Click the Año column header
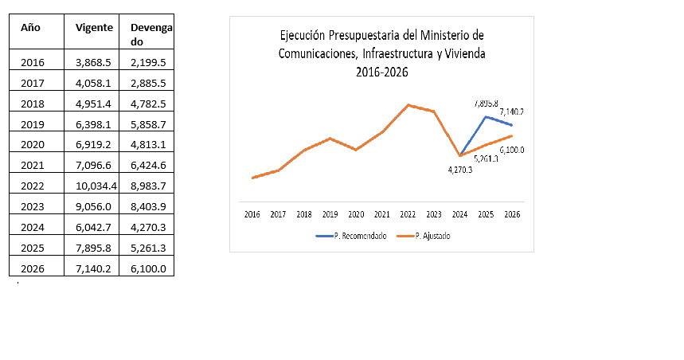[x=30, y=27]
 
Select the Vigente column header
[x=93, y=27]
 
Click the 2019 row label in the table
[x=33, y=124]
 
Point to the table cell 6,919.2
[x=93, y=145]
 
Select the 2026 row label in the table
[x=33, y=268]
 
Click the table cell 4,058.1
[x=93, y=83]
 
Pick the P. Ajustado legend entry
[x=432, y=237]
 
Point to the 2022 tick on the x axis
[x=408, y=214]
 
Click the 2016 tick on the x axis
[x=252, y=214]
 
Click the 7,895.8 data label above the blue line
[x=486, y=104]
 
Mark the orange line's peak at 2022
[x=408, y=104]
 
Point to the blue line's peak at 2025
[x=486, y=117]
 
